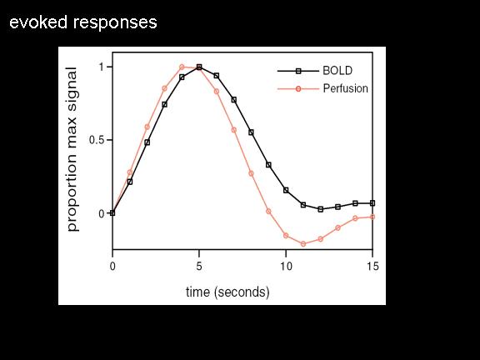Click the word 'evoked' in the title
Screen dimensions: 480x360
click(38, 22)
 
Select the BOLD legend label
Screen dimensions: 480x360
click(337, 71)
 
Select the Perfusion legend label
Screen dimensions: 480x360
click(346, 88)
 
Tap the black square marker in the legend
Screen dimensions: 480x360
click(298, 71)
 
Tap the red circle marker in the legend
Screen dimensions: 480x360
click(298, 89)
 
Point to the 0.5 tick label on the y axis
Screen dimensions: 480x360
click(97, 140)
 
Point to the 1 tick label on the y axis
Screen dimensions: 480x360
click(102, 67)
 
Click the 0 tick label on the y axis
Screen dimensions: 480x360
click(102, 213)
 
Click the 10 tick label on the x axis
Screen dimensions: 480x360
click(286, 267)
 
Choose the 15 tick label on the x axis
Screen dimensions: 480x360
click(372, 267)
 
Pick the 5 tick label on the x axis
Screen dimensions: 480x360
click(199, 267)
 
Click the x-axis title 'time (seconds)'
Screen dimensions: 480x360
click(227, 292)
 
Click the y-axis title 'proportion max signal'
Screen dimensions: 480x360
click(72, 149)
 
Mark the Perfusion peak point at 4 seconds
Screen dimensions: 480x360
click(182, 67)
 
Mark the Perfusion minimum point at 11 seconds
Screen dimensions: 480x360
click(303, 244)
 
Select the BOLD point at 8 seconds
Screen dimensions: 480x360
click(252, 132)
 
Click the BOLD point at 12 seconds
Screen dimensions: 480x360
click(321, 209)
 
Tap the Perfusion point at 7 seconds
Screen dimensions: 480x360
click(234, 130)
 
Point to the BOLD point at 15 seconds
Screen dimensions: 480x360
click(372, 203)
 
